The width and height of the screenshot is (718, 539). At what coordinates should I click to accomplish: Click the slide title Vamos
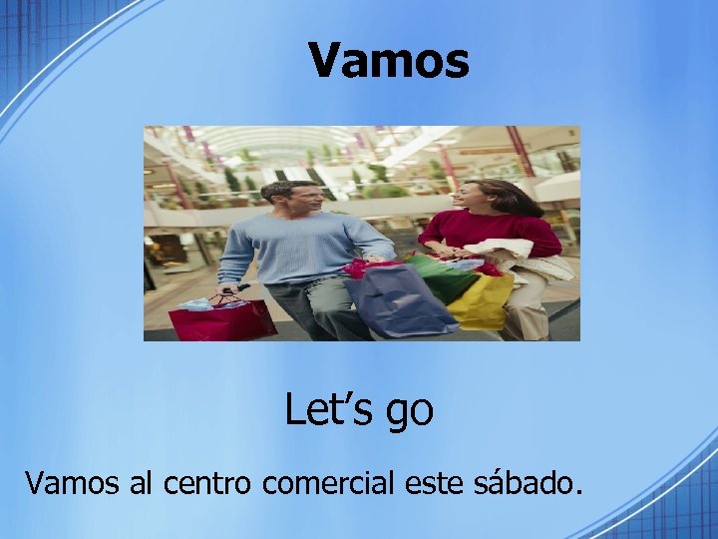point(389,60)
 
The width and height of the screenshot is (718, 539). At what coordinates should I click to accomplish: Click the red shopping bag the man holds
point(221,320)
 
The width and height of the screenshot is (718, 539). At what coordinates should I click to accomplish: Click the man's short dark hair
point(289,188)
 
